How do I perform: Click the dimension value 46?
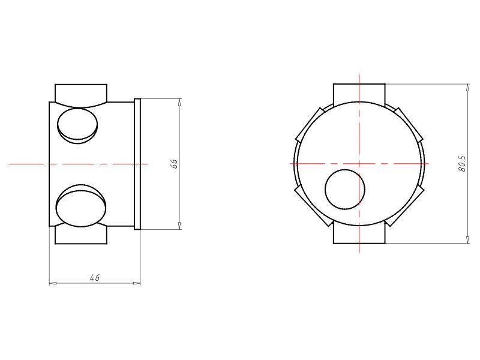(x=94, y=277)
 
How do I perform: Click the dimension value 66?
(x=175, y=163)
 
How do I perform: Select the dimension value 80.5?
(x=462, y=163)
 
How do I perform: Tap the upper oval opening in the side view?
(x=77, y=124)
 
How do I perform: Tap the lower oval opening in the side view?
(x=81, y=206)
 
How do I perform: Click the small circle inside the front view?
(x=345, y=190)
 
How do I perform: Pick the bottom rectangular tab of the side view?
(x=81, y=235)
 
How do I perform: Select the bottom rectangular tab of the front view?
(x=359, y=235)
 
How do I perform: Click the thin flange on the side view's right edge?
(x=137, y=163)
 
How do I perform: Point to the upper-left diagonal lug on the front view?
(x=309, y=125)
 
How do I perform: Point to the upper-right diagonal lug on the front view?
(x=409, y=125)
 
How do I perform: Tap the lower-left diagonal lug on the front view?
(x=311, y=204)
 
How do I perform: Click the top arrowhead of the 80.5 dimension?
(x=468, y=87)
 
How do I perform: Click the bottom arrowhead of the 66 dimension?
(x=179, y=225)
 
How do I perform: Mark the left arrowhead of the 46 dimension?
(x=52, y=283)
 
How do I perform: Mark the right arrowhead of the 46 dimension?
(x=137, y=283)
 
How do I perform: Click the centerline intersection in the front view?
(x=359, y=163)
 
